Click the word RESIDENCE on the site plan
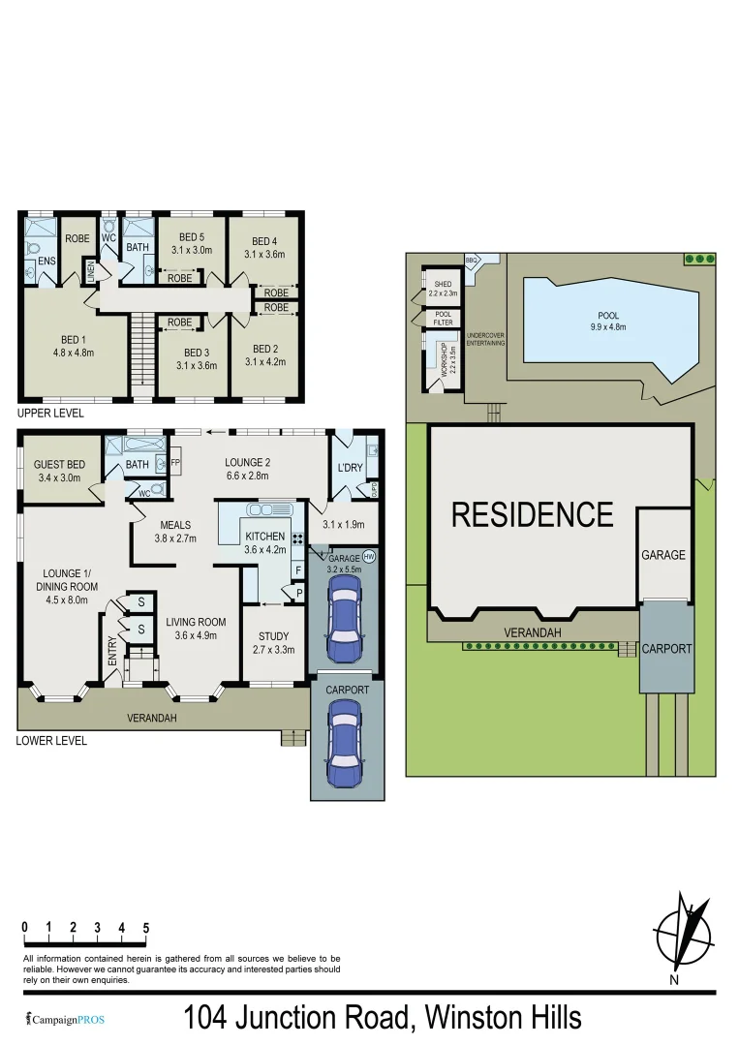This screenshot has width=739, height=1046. coord(533,514)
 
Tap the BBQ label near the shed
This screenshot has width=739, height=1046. coord(473,260)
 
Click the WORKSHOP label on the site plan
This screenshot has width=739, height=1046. coord(442,359)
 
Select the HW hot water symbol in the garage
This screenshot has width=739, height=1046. coord(369,557)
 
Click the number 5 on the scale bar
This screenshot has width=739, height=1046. coord(145,927)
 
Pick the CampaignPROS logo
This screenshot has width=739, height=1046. coord(66,1019)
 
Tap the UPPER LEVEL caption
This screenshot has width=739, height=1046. coord(50,414)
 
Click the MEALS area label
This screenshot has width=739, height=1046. coord(177,525)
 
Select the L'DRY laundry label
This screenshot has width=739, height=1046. coord(349,468)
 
